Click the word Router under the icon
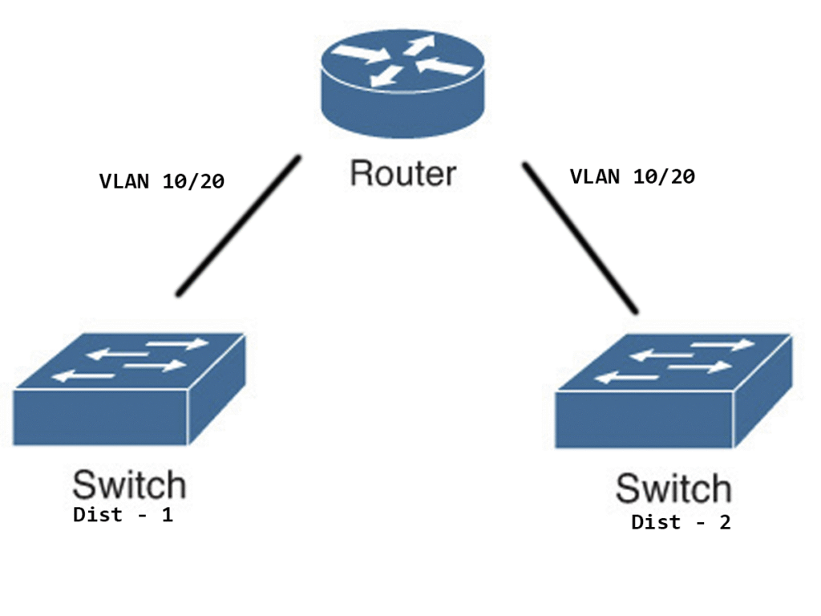coord(403,173)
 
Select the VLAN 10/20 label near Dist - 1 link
coord(161,181)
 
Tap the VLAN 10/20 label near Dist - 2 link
coord(632,176)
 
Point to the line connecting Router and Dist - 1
coord(238,227)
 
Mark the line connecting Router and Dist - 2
coord(580,237)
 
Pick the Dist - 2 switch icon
coord(673,393)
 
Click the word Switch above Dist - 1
coord(129,484)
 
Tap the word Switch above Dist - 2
coord(673,488)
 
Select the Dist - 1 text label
coord(123,515)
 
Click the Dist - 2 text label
coord(681,523)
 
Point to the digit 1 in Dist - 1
coord(168,515)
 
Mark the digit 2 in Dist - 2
coord(725,523)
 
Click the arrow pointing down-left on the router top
coord(389,75)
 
